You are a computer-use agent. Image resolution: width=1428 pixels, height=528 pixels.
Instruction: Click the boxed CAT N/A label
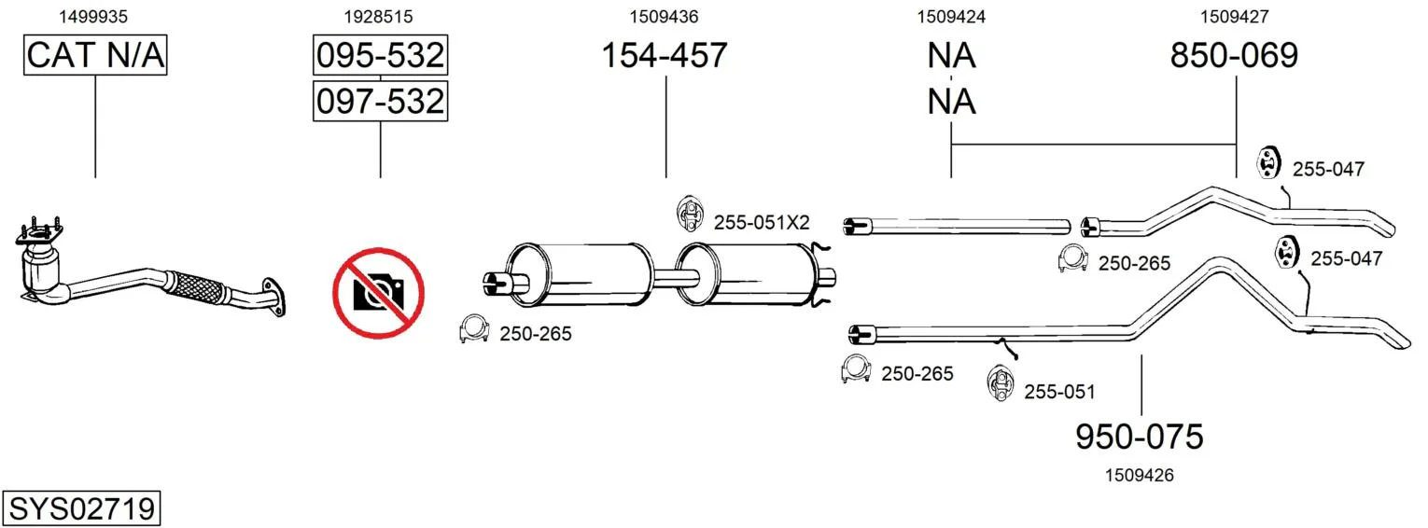[95, 55]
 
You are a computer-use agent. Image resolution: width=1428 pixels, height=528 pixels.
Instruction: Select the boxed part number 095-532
[380, 55]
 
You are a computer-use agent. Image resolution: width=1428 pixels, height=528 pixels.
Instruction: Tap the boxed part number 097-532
[380, 101]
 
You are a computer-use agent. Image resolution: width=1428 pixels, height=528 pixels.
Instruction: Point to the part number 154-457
[665, 55]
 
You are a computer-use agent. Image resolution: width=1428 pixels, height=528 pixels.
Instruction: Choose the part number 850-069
[1234, 55]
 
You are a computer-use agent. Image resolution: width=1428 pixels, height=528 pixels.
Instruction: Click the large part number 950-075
[1140, 437]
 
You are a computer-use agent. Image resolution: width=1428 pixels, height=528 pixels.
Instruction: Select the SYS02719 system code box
[81, 508]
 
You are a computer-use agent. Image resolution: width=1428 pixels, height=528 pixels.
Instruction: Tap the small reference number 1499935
[93, 17]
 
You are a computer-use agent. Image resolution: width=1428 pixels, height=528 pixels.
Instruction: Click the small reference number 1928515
[379, 17]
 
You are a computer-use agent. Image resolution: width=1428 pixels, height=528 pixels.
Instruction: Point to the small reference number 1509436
[665, 17]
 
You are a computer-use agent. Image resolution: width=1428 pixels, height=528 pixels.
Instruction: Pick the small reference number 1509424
[951, 17]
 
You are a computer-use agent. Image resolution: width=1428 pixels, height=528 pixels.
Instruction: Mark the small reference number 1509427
[1235, 17]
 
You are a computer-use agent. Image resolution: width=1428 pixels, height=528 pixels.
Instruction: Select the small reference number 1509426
[1140, 475]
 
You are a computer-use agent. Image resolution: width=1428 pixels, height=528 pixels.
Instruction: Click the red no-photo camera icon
[379, 293]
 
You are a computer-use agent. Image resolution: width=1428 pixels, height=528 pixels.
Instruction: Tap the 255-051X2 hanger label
[762, 222]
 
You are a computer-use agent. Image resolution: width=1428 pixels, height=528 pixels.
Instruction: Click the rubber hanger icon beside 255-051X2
[689, 214]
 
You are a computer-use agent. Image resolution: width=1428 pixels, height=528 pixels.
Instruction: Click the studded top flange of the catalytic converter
[39, 234]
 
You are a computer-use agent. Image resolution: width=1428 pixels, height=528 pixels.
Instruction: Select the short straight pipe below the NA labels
[957, 226]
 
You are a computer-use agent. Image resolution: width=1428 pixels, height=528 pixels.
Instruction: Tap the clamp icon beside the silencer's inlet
[473, 328]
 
